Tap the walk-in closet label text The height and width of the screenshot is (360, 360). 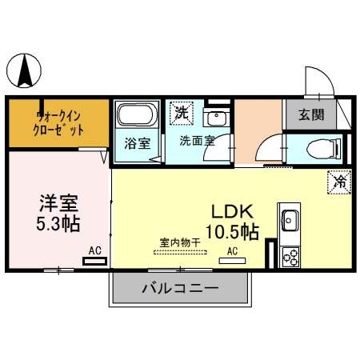point(58,120)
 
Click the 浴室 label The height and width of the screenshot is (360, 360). point(137,144)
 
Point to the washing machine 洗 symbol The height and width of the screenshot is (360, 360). point(182,114)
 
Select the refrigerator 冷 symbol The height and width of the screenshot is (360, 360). point(338,182)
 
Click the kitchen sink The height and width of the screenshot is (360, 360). point(289,219)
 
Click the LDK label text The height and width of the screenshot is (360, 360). point(232,212)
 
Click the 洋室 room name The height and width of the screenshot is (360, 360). point(58,202)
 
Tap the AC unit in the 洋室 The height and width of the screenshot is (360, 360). point(94,258)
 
